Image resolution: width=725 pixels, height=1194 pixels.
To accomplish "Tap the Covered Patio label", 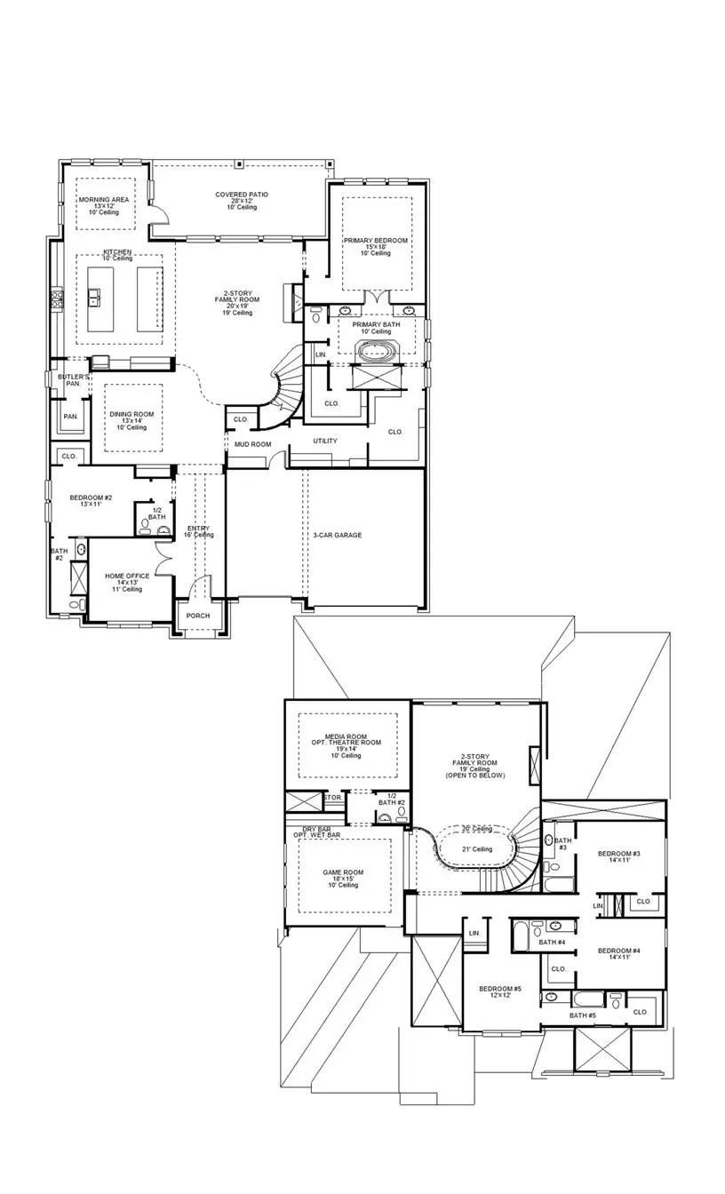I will click(x=242, y=195).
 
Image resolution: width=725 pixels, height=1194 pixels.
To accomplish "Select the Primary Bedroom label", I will click(x=377, y=242).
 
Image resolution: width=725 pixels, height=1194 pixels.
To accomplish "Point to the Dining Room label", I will click(x=131, y=414).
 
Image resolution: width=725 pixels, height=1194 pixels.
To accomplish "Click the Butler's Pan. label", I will click(x=74, y=380).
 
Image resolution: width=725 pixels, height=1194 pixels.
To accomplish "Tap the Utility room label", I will click(x=324, y=442).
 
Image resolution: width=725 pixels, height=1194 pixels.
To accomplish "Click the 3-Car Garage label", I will click(x=337, y=536).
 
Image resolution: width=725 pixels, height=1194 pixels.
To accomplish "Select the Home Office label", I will click(x=127, y=577).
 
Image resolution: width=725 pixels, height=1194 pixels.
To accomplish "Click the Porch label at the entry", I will click(x=198, y=617).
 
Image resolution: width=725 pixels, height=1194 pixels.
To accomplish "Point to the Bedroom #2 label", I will click(x=91, y=497).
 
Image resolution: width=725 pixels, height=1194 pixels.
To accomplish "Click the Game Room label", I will click(x=343, y=872).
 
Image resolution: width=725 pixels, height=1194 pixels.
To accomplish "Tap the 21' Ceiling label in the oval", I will click(x=476, y=849).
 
